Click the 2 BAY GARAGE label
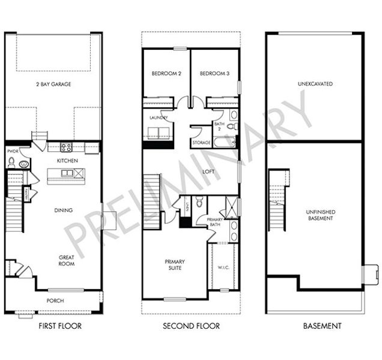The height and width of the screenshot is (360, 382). (x=53, y=85)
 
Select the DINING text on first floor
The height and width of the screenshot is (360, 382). (x=63, y=210)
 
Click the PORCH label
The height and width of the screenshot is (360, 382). (x=55, y=301)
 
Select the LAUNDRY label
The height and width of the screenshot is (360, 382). (x=158, y=118)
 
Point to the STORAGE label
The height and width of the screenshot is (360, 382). (x=201, y=143)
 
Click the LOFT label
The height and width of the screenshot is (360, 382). (x=208, y=171)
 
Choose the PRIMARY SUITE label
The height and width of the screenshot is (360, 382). (x=175, y=265)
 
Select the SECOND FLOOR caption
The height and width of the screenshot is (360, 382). (x=191, y=326)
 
